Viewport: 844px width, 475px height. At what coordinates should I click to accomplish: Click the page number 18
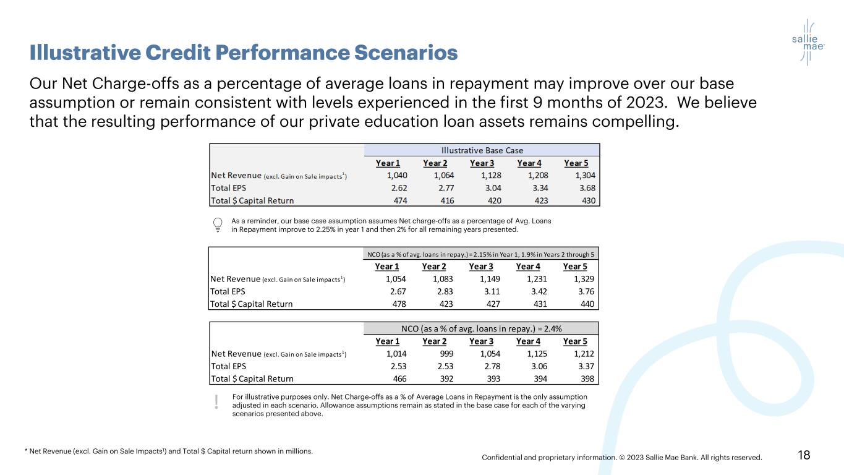804,456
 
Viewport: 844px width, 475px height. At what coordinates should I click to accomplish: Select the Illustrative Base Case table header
482,150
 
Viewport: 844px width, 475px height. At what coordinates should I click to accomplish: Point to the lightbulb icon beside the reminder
218,225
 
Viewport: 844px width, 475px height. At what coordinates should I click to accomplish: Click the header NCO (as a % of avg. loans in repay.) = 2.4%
481,328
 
